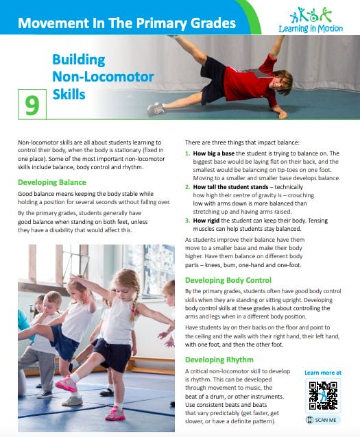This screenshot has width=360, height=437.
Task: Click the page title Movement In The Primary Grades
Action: [x=127, y=23]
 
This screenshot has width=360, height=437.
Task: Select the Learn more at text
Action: [x=322, y=373]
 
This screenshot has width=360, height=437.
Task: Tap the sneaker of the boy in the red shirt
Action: [x=155, y=108]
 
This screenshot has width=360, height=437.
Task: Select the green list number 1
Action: [x=188, y=153]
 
